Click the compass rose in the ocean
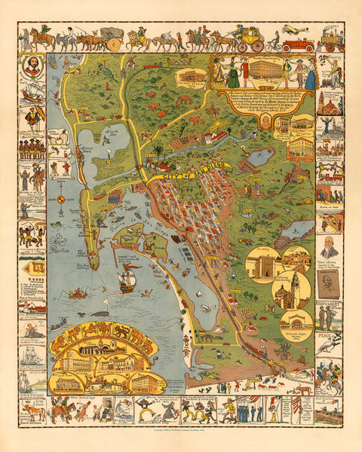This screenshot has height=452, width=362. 60,199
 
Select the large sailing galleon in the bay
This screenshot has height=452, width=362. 127,279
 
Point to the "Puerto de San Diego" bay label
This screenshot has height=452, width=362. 128,218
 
